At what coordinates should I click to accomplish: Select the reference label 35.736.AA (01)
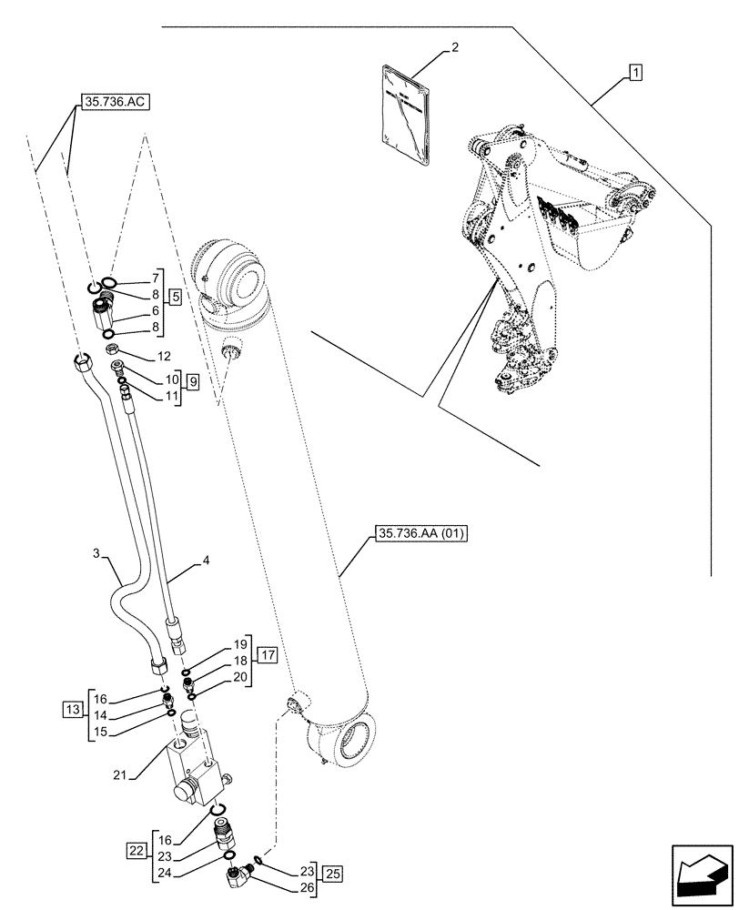[x=420, y=534]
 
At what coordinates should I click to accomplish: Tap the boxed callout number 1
[x=634, y=72]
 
